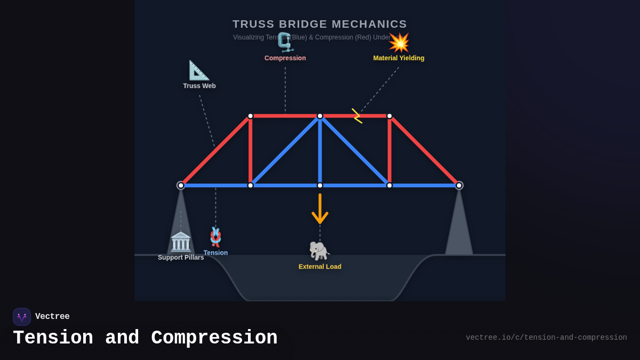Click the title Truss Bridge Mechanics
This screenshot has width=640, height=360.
pyautogui.click(x=319, y=24)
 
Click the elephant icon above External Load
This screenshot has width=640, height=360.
pyautogui.click(x=319, y=251)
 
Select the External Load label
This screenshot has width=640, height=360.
pyautogui.click(x=320, y=267)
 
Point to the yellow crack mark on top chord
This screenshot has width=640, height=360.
pyautogui.click(x=357, y=116)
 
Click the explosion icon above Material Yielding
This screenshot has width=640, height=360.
pyautogui.click(x=399, y=43)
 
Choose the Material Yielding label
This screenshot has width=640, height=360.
pyautogui.click(x=398, y=58)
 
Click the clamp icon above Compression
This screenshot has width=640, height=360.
pyautogui.click(x=285, y=42)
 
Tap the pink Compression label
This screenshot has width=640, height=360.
pyautogui.click(x=285, y=58)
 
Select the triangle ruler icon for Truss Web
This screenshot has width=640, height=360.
pyautogui.click(x=199, y=70)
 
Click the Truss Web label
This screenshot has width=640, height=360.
pyautogui.click(x=199, y=86)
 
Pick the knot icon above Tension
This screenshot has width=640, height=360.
pyautogui.click(x=215, y=237)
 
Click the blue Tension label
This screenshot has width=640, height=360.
pyautogui.click(x=215, y=253)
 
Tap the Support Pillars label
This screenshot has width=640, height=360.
pyautogui.click(x=181, y=258)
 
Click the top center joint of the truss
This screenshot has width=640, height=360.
pyautogui.click(x=320, y=116)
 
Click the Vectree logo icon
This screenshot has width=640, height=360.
pyautogui.click(x=22, y=317)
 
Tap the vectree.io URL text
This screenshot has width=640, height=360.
pyautogui.click(x=546, y=338)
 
